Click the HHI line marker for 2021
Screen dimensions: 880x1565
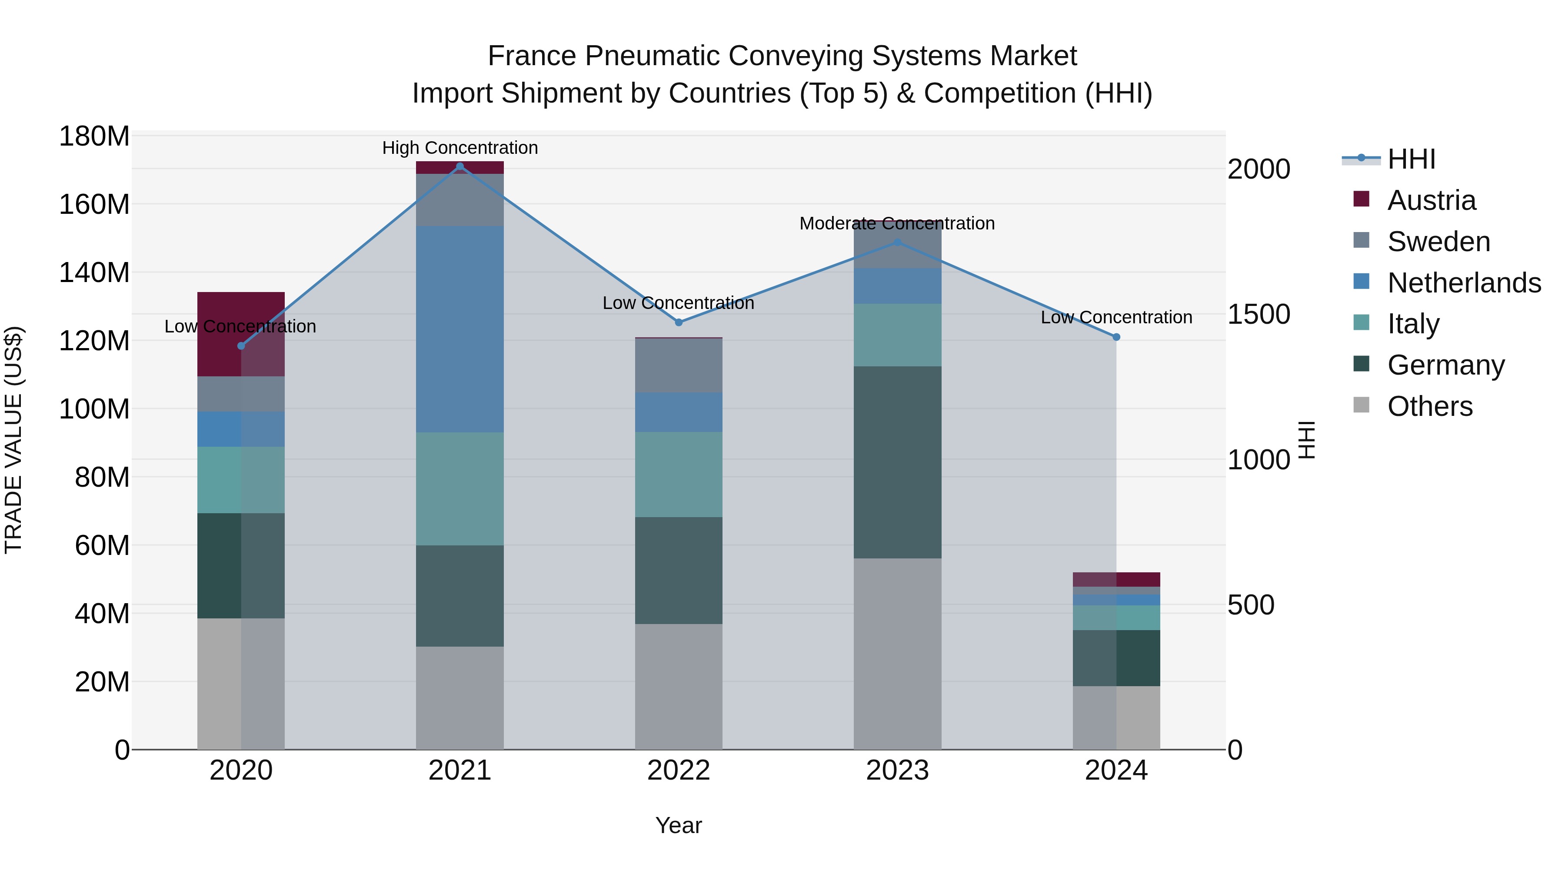[x=460, y=166]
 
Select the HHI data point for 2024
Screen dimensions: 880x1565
[x=1116, y=337]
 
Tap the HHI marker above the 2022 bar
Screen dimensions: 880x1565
[x=679, y=322]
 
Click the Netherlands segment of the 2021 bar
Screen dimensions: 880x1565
[x=460, y=329]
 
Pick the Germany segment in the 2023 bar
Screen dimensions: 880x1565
[x=897, y=462]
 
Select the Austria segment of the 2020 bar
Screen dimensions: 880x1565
[x=241, y=334]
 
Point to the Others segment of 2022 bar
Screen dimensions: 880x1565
[x=679, y=686]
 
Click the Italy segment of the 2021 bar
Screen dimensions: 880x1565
[x=460, y=488]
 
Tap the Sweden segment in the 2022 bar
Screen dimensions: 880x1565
[x=679, y=365]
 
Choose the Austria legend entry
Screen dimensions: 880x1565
[x=1432, y=200]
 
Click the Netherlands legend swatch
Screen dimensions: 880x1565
[x=1362, y=282]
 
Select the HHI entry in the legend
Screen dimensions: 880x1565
[x=1411, y=159]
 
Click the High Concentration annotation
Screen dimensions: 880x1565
[x=460, y=148]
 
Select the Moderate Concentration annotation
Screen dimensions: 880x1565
[x=897, y=223]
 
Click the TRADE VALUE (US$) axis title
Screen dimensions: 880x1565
[x=13, y=440]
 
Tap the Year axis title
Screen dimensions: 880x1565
[x=679, y=825]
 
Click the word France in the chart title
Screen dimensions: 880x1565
[x=532, y=56]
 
